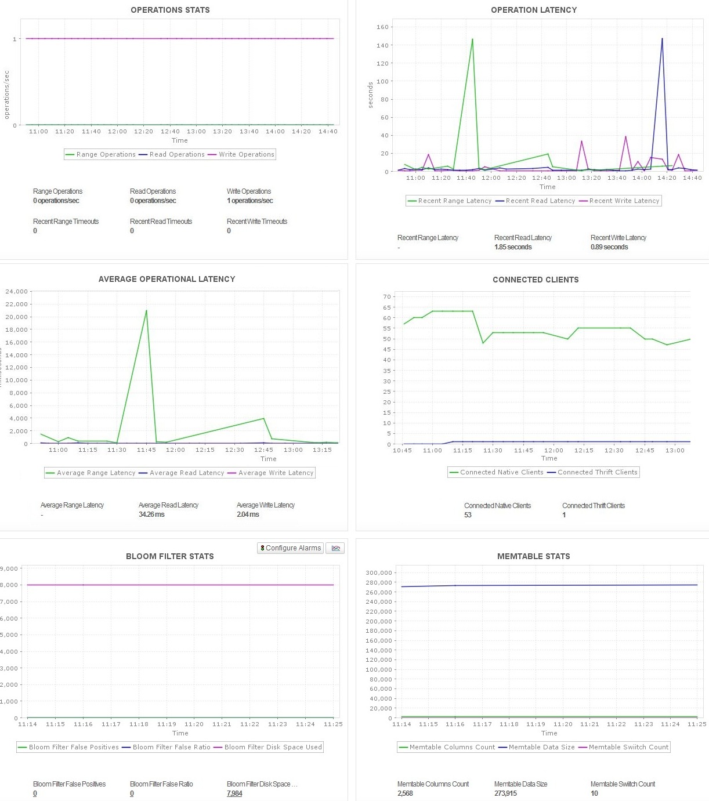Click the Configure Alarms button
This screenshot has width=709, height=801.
click(290, 548)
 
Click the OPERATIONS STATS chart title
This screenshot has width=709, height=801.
click(170, 10)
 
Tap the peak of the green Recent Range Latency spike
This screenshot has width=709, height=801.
click(472, 39)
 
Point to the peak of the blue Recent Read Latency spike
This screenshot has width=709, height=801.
click(662, 39)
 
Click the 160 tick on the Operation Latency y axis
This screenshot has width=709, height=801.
click(382, 27)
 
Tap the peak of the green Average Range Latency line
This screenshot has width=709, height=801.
click(146, 310)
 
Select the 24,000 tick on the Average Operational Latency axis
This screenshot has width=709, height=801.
click(16, 291)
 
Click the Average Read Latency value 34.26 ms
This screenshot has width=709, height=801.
click(151, 514)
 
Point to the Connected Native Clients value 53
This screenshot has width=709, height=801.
click(468, 515)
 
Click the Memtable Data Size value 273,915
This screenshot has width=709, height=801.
click(505, 793)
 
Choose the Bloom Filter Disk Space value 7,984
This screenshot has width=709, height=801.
click(234, 793)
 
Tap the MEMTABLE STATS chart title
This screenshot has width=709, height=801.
click(533, 556)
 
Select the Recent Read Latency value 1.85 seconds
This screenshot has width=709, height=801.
click(513, 247)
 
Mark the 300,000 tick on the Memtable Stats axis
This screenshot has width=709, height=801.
click(379, 572)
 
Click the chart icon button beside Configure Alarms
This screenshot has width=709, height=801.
click(335, 548)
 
